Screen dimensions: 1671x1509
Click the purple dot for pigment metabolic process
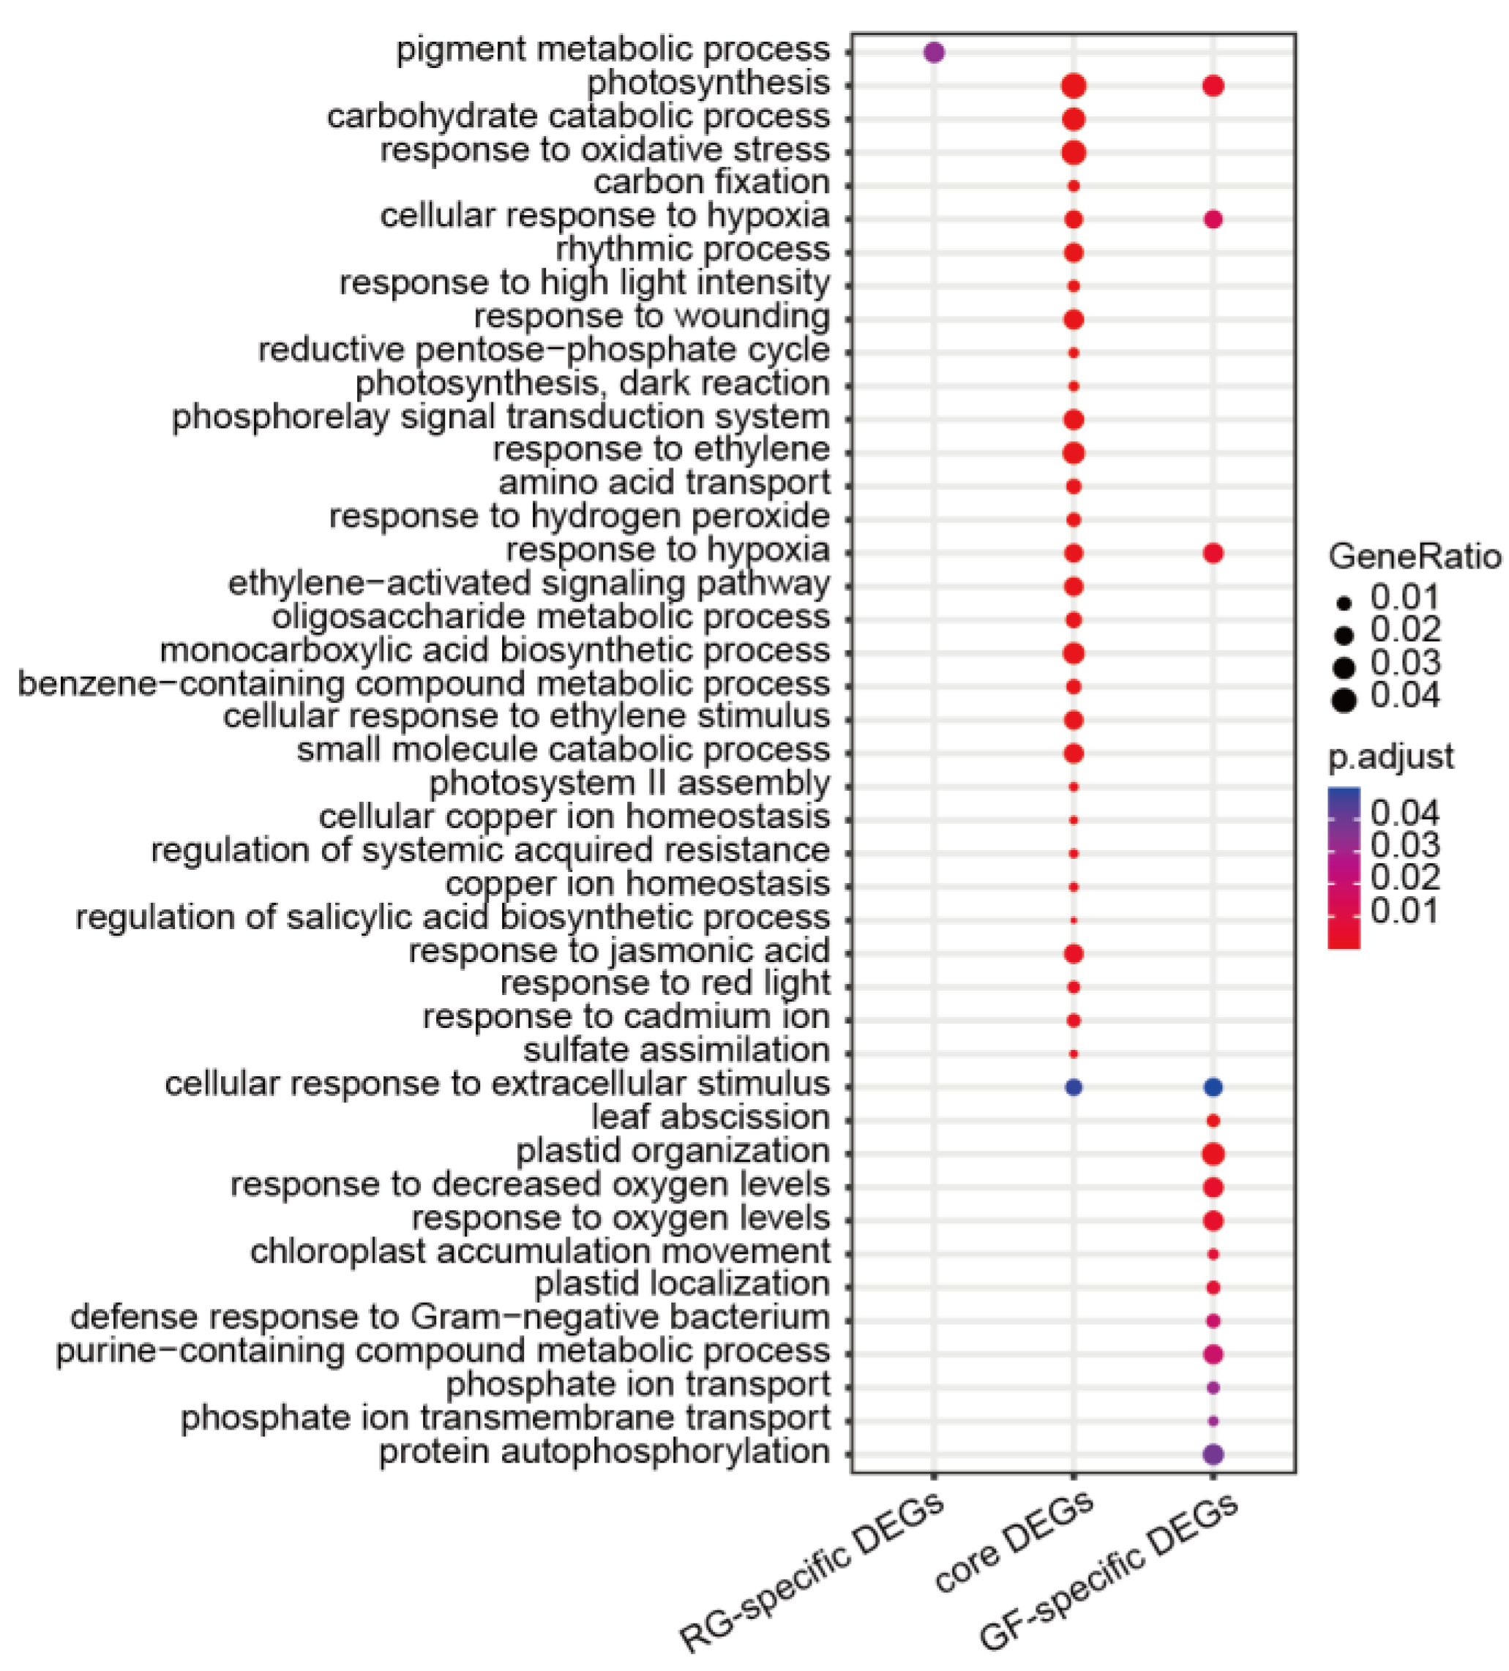(x=934, y=52)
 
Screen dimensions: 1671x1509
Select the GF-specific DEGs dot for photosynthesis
(x=1213, y=86)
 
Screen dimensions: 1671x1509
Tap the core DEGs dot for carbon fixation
(x=1074, y=186)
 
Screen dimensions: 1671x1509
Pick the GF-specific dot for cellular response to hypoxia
(x=1213, y=219)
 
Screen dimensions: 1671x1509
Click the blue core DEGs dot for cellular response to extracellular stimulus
(x=1074, y=1086)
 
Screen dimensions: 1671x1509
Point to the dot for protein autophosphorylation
(x=1213, y=1454)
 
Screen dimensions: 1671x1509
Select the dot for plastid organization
(x=1213, y=1153)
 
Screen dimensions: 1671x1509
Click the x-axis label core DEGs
(x=1013, y=1542)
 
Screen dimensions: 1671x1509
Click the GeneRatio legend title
(x=1415, y=557)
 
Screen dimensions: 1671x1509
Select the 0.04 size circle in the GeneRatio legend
(x=1344, y=700)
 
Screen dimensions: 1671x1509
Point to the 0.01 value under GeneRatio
(x=1404, y=597)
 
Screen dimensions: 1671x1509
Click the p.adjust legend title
(x=1390, y=756)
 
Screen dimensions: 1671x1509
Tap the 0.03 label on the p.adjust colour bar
(x=1404, y=844)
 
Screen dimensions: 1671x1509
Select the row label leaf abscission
(x=710, y=1117)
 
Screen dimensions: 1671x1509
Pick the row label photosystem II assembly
(x=629, y=784)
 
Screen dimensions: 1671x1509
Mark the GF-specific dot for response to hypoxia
(x=1213, y=553)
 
